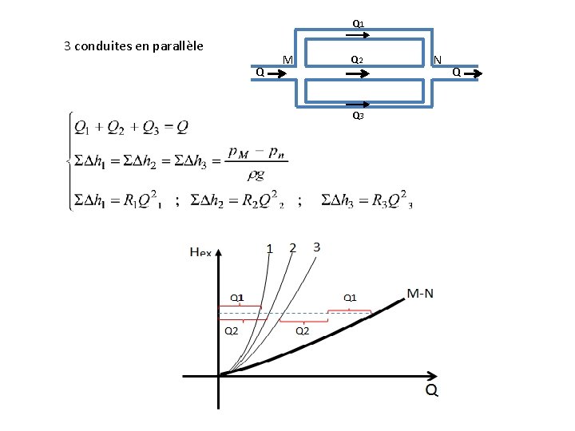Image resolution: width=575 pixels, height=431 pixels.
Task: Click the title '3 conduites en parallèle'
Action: coord(133,45)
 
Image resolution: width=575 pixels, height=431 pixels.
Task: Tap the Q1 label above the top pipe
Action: coord(359,24)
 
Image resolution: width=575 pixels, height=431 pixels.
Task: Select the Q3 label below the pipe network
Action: coord(359,117)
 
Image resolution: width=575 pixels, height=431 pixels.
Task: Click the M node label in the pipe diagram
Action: coord(288,61)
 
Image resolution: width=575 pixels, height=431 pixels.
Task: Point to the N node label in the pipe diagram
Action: coord(437,60)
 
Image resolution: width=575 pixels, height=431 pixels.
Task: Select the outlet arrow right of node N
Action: coord(473,74)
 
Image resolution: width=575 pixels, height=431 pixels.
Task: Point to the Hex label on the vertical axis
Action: coord(200,251)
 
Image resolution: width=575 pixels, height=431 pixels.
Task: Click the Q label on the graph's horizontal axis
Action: coord(430,390)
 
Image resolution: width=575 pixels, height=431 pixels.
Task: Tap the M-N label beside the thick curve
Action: coord(420,294)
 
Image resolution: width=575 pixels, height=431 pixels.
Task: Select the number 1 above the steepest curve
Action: coord(269,248)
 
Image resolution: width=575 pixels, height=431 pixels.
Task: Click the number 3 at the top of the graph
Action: coord(316,247)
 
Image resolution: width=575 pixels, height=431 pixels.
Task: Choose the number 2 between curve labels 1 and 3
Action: coord(292,247)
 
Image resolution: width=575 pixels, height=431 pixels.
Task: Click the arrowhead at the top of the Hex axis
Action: coord(219,252)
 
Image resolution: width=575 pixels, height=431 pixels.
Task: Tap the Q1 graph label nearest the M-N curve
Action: coord(350,298)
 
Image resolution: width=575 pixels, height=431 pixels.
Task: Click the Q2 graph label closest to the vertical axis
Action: coord(231,330)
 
